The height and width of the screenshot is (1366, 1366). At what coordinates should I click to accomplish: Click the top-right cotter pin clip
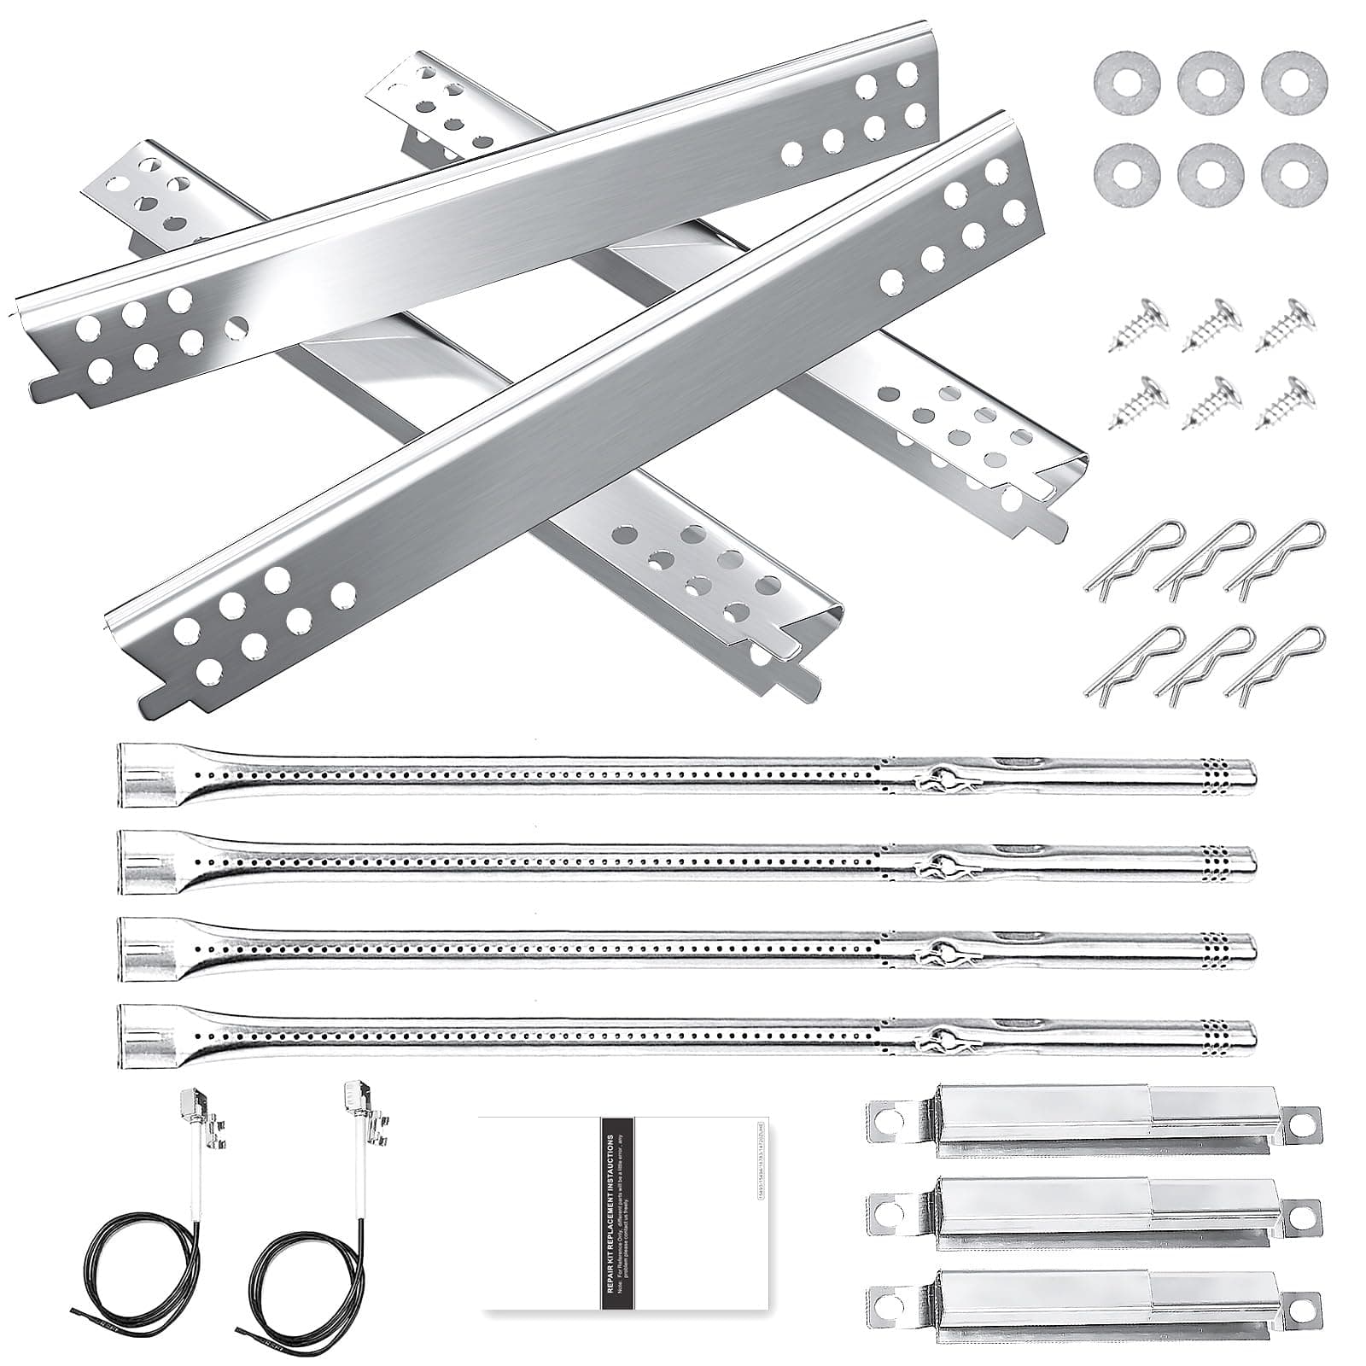(x=1276, y=555)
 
